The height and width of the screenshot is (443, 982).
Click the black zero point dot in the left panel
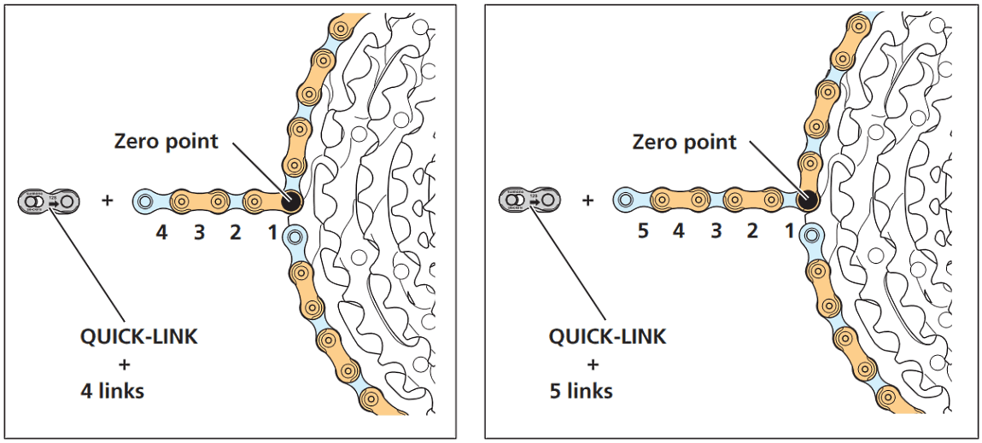(x=290, y=202)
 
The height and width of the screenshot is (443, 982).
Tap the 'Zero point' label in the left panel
(x=167, y=141)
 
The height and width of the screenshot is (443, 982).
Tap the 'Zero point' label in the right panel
(x=684, y=142)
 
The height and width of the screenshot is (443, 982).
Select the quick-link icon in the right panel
(x=530, y=201)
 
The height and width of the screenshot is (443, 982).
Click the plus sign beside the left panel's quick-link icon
(x=108, y=202)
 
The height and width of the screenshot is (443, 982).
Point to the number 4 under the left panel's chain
(x=161, y=232)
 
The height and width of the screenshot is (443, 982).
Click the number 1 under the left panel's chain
(x=272, y=232)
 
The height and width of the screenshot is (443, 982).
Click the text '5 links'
(x=582, y=392)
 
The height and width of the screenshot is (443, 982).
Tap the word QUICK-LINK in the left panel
(x=138, y=336)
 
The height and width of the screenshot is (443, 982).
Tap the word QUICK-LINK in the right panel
(x=607, y=336)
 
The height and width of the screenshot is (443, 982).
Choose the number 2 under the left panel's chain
(x=236, y=232)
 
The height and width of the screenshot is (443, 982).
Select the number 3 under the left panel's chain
(x=199, y=232)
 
